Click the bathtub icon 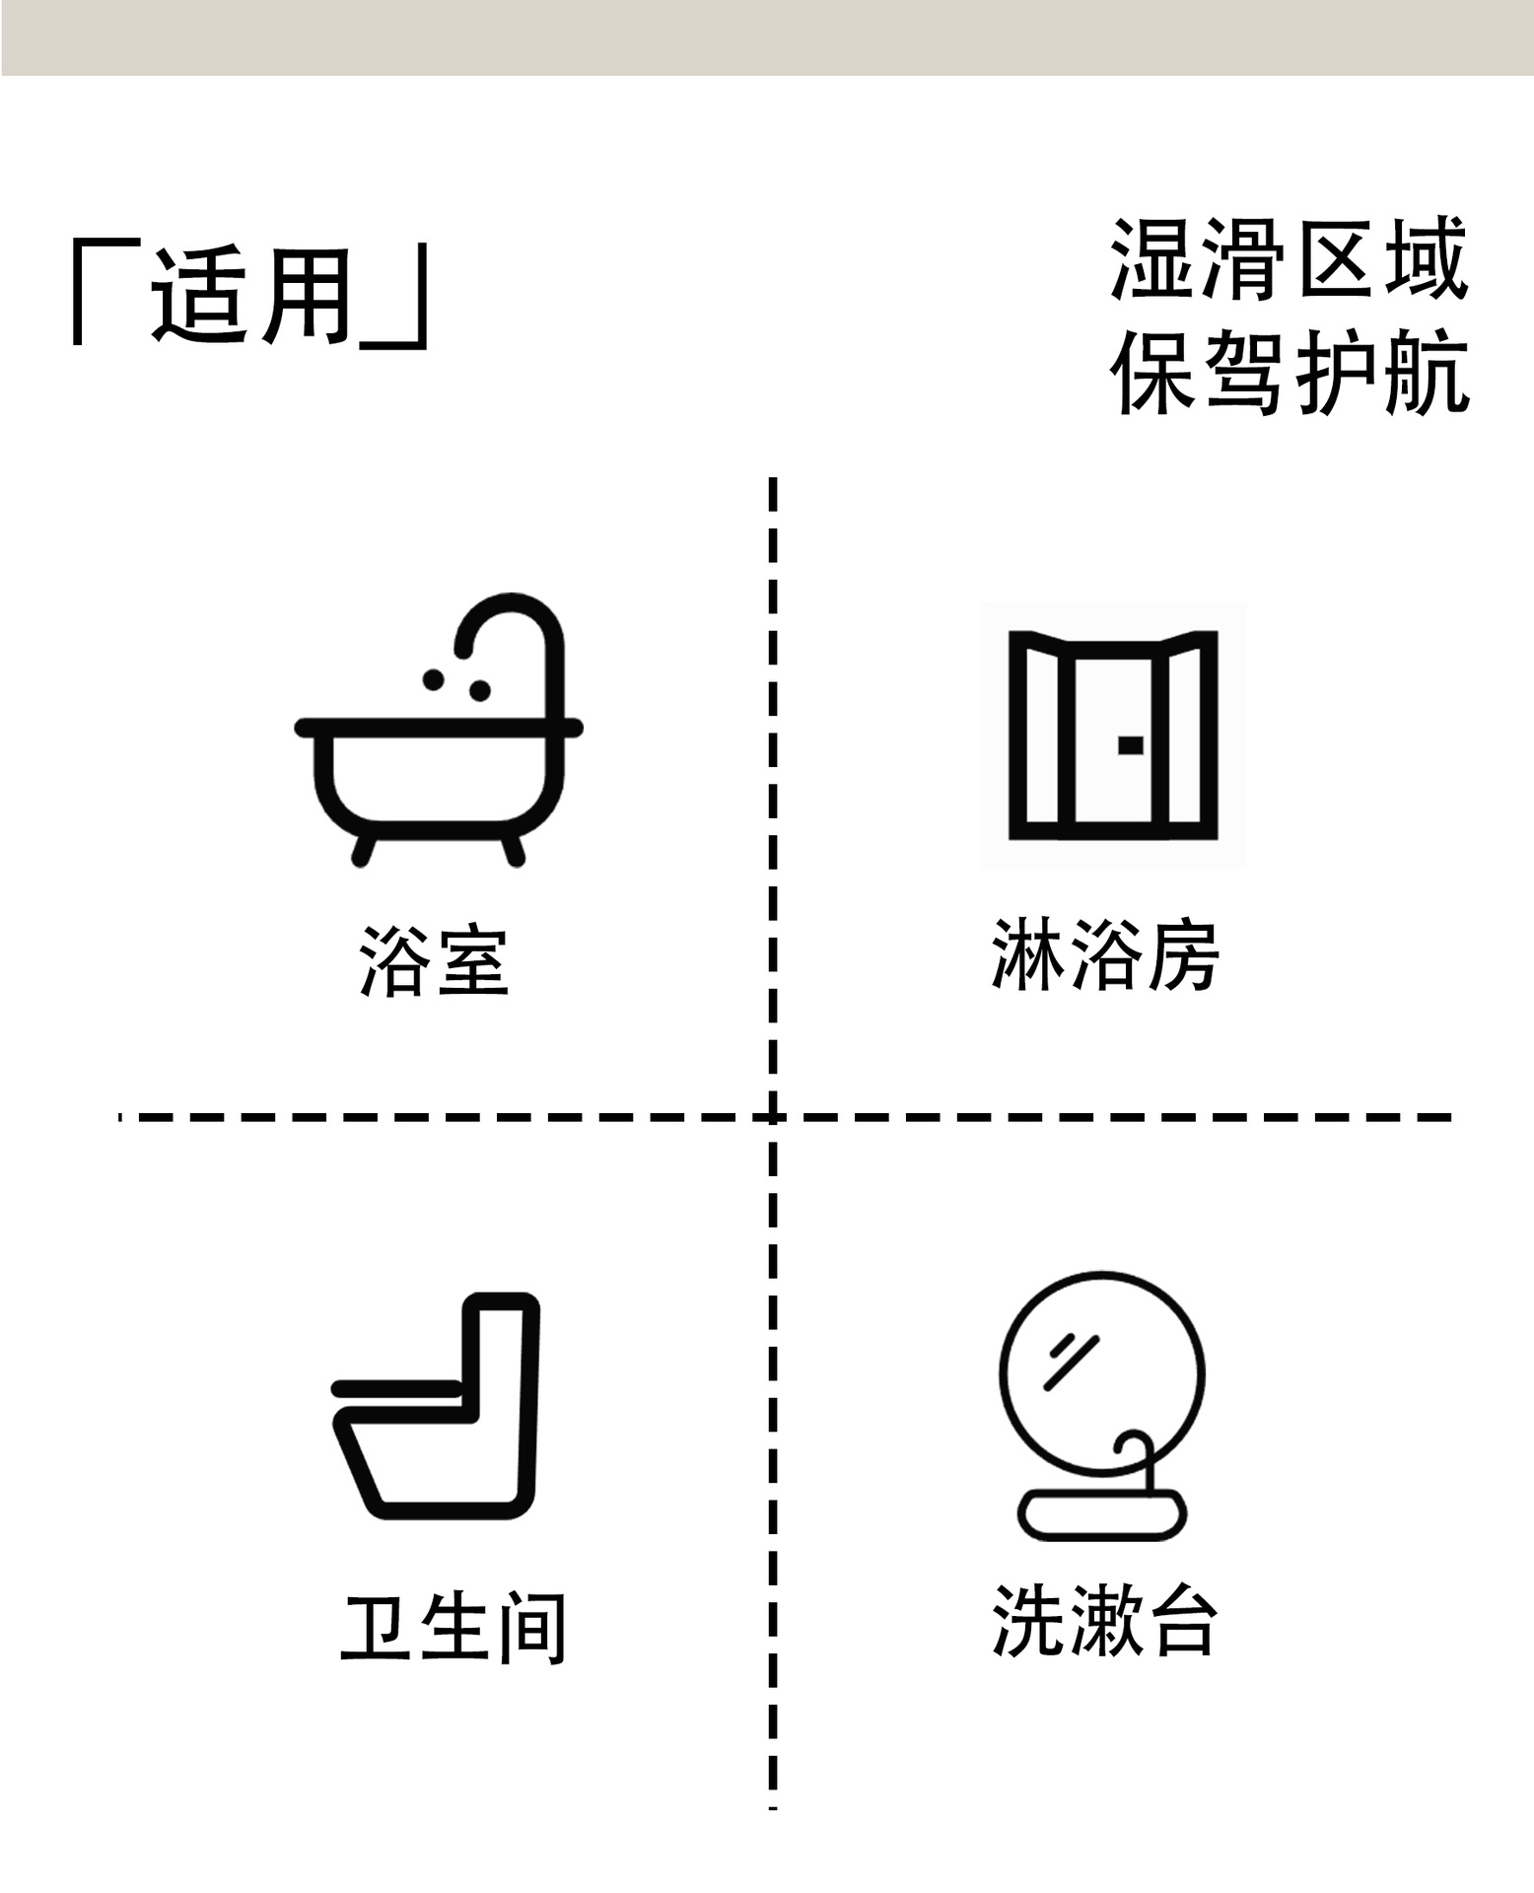[438, 749]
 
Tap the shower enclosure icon [1112, 735]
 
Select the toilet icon [438, 1405]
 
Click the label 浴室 [434, 961]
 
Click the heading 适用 [251, 295]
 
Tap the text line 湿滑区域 [1290, 259]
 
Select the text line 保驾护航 [1290, 373]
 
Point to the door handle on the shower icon [1131, 745]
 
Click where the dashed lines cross [773, 1117]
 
